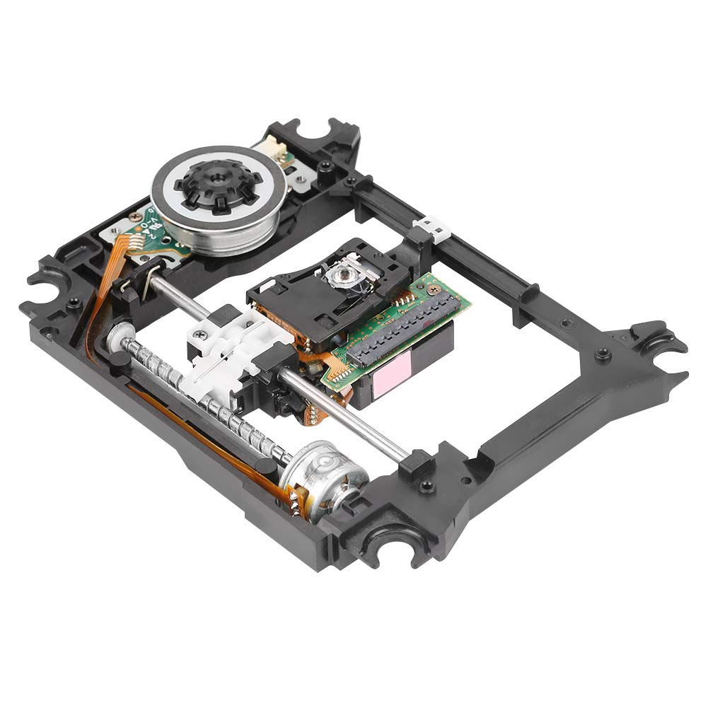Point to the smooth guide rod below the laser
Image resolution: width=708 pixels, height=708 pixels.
coord(347,410)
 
